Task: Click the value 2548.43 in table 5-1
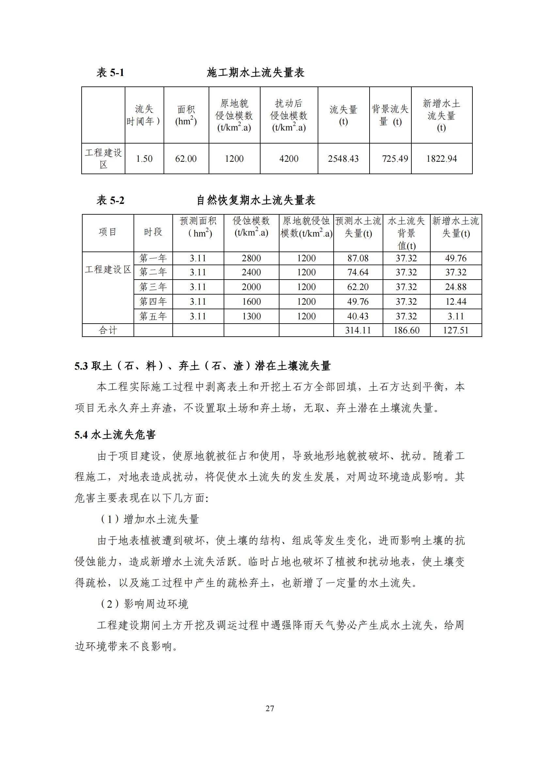(x=343, y=159)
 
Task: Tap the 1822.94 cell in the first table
(x=442, y=159)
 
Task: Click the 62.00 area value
(x=186, y=159)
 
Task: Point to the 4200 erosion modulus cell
(x=289, y=159)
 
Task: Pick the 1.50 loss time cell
(x=144, y=159)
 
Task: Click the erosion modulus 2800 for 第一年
(x=251, y=258)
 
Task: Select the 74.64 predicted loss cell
(x=358, y=272)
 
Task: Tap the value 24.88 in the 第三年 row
(x=455, y=287)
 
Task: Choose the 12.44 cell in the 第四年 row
(x=455, y=302)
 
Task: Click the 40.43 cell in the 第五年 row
(x=358, y=316)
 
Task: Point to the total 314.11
(x=358, y=330)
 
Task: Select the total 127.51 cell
(x=455, y=330)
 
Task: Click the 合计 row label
(x=108, y=330)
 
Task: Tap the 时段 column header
(x=153, y=232)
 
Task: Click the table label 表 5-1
(x=110, y=72)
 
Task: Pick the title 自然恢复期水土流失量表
(x=256, y=200)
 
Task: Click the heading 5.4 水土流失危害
(x=115, y=435)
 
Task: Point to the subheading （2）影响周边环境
(x=144, y=604)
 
